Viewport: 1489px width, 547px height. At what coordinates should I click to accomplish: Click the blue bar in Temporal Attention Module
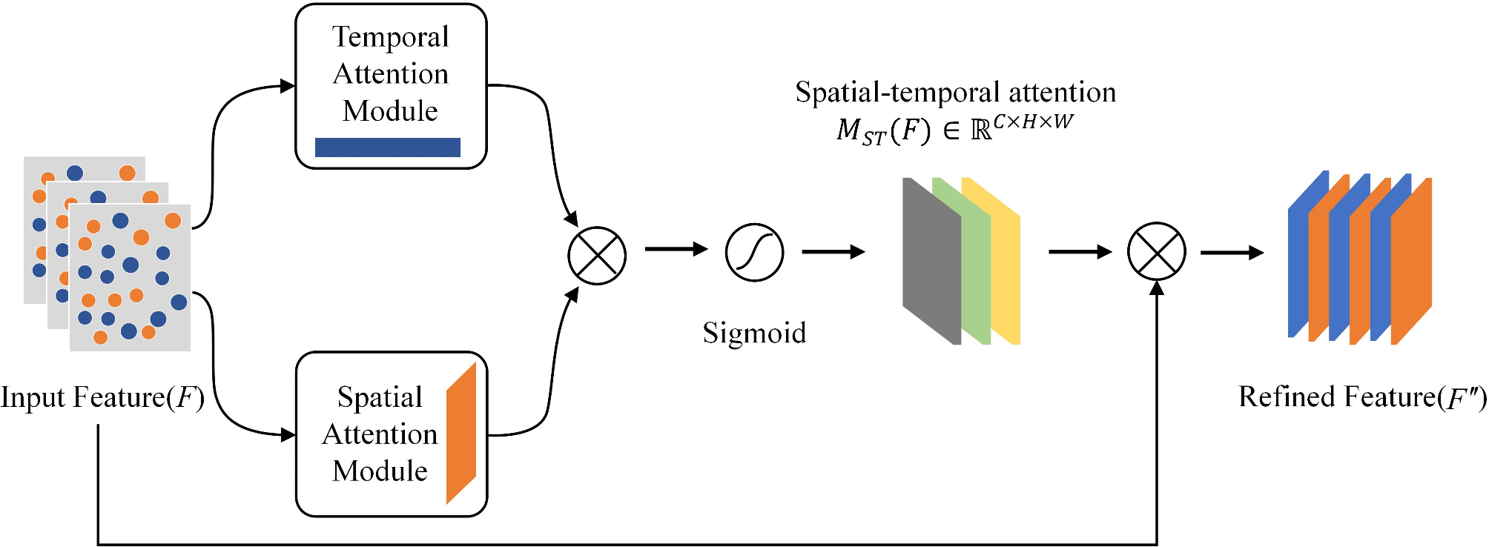pyautogui.click(x=387, y=147)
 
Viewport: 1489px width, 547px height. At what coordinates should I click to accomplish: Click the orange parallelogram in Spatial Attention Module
pyautogui.click(x=460, y=434)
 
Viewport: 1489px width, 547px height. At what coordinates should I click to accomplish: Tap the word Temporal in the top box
pyautogui.click(x=390, y=37)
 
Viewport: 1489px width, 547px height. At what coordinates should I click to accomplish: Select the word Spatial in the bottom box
pyautogui.click(x=380, y=397)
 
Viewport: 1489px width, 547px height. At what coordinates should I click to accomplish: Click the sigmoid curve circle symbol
pyautogui.click(x=754, y=253)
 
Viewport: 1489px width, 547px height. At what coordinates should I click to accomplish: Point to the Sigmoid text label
pyautogui.click(x=754, y=333)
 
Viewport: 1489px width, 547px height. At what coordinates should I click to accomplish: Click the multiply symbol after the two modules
pyautogui.click(x=597, y=256)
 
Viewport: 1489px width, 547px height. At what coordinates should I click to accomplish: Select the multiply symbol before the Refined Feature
pyautogui.click(x=1156, y=252)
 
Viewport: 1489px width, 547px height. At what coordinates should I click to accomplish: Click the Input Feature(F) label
pyautogui.click(x=102, y=398)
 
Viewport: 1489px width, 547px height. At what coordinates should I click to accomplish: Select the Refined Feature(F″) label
pyautogui.click(x=1362, y=398)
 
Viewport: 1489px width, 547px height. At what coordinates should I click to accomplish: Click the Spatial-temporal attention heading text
pyautogui.click(x=955, y=93)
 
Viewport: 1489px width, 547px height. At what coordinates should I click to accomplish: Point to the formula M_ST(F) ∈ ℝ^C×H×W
pyautogui.click(x=955, y=130)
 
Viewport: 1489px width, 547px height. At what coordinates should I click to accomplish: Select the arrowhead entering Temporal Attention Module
pyautogui.click(x=288, y=86)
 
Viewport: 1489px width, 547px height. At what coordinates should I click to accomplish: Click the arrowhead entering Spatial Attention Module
pyautogui.click(x=288, y=434)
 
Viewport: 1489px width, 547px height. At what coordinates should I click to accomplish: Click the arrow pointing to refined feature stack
pyautogui.click(x=1231, y=253)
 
